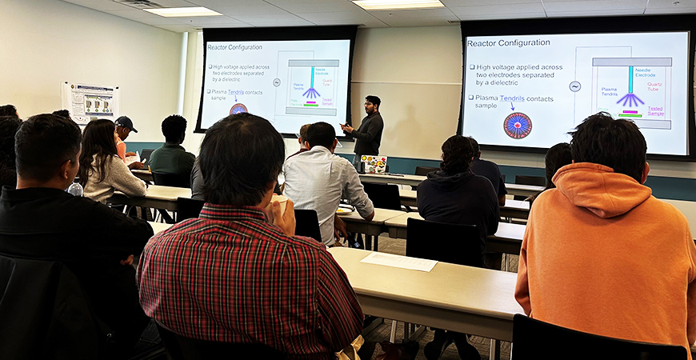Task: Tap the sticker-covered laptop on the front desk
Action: (374, 164)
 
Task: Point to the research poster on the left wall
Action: (90, 102)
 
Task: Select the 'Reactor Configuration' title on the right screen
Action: (508, 42)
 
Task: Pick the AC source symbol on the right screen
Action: (574, 86)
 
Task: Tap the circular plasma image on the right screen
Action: (517, 126)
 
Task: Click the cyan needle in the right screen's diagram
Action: (630, 80)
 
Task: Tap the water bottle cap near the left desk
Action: (75, 182)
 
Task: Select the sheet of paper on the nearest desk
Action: (398, 262)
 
